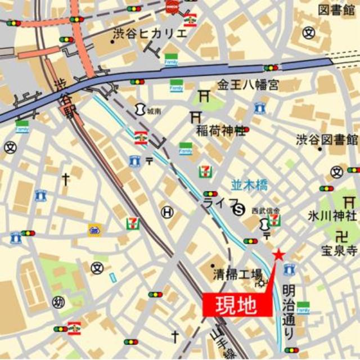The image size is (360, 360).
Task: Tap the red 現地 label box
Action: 237,305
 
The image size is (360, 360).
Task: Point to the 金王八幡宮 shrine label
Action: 249,85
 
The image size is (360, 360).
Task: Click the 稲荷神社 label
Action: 220,131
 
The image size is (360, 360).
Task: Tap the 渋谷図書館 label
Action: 327,139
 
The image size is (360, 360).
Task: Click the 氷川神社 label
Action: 332,215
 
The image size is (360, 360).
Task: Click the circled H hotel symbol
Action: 167,212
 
